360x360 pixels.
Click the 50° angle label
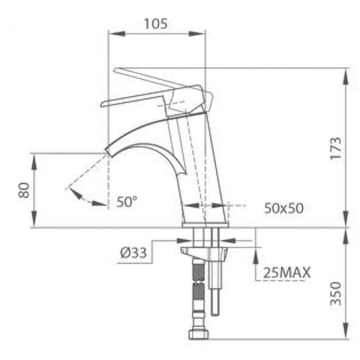[x=127, y=202]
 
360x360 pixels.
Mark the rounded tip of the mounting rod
[x=216, y=314]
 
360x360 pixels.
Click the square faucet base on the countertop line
[x=203, y=218]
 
